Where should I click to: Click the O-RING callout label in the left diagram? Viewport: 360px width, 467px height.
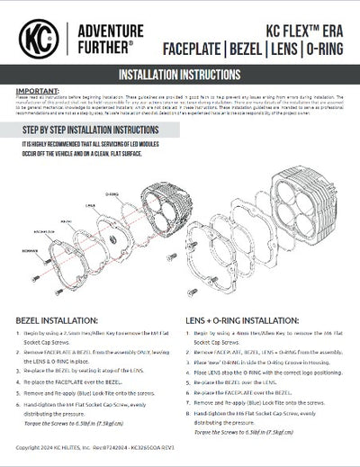pos(112,193)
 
